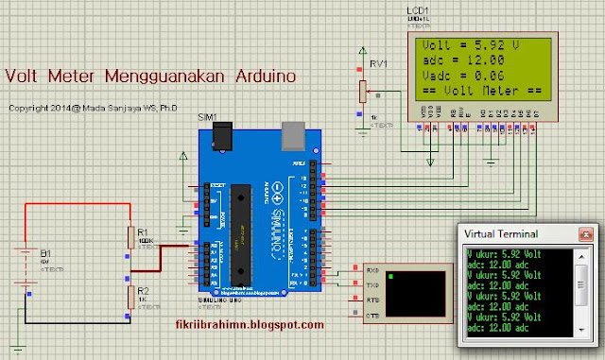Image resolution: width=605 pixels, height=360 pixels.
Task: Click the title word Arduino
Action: [254, 73]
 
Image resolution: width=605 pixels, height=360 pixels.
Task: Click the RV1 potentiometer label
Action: [379, 65]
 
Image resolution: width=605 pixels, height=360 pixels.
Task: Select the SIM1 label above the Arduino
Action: [207, 117]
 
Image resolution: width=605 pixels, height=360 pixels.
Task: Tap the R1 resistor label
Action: [142, 231]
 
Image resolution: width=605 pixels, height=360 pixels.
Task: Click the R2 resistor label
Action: [142, 291]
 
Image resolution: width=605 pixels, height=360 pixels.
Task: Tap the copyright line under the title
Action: [81, 108]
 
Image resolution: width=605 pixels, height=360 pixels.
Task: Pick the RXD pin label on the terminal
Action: [372, 270]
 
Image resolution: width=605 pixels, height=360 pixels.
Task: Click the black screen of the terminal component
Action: [407, 292]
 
